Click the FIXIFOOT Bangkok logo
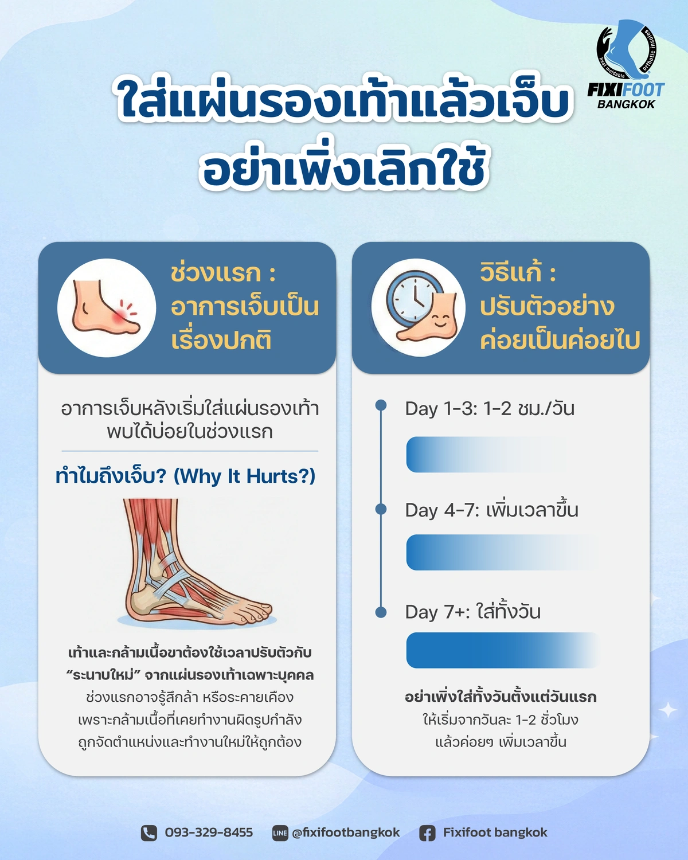[626, 65]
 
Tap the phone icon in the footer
[149, 833]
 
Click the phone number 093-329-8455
[209, 832]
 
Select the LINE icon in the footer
[280, 833]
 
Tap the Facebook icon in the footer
[427, 833]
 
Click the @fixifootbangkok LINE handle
[346, 832]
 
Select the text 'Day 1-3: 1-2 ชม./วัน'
[490, 408]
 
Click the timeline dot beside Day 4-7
[381, 509]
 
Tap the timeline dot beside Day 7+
[381, 612]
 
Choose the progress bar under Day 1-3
[468, 455]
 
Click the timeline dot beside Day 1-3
[381, 405]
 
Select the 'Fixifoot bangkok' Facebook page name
[495, 832]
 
